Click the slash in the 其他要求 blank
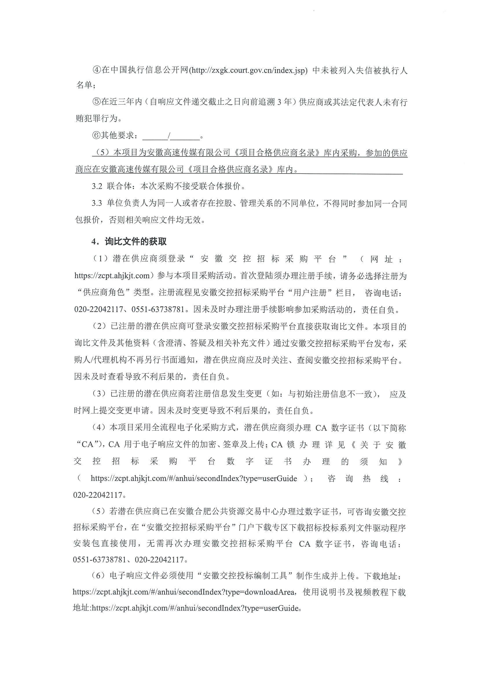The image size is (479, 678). point(169,136)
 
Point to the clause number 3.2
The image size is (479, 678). point(97,186)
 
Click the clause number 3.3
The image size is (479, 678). point(97,203)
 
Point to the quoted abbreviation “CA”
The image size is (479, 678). point(88,444)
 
